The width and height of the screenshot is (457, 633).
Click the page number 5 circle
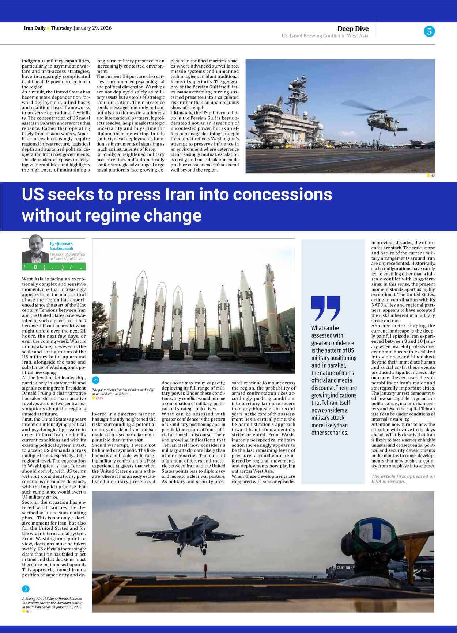(x=429, y=31)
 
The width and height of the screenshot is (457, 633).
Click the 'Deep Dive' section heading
(x=353, y=28)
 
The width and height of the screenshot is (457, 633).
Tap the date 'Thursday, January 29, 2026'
(x=81, y=28)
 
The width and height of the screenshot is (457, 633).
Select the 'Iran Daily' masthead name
(x=34, y=28)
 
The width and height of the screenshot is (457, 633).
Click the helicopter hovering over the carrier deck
(x=384, y=121)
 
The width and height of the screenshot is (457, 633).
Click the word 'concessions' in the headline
(x=282, y=194)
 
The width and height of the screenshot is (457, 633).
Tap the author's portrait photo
(x=35, y=249)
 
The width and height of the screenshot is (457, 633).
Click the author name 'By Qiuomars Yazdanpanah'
(x=61, y=246)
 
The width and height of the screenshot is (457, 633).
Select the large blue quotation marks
(x=325, y=308)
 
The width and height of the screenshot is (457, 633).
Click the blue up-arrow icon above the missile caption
(x=95, y=380)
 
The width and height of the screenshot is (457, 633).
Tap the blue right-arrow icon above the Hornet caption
(x=26, y=589)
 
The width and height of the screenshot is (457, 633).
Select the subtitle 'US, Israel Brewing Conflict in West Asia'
(x=325, y=36)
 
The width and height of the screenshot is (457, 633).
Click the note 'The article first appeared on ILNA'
(x=403, y=479)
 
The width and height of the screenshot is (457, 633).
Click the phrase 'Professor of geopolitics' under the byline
(x=67, y=254)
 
